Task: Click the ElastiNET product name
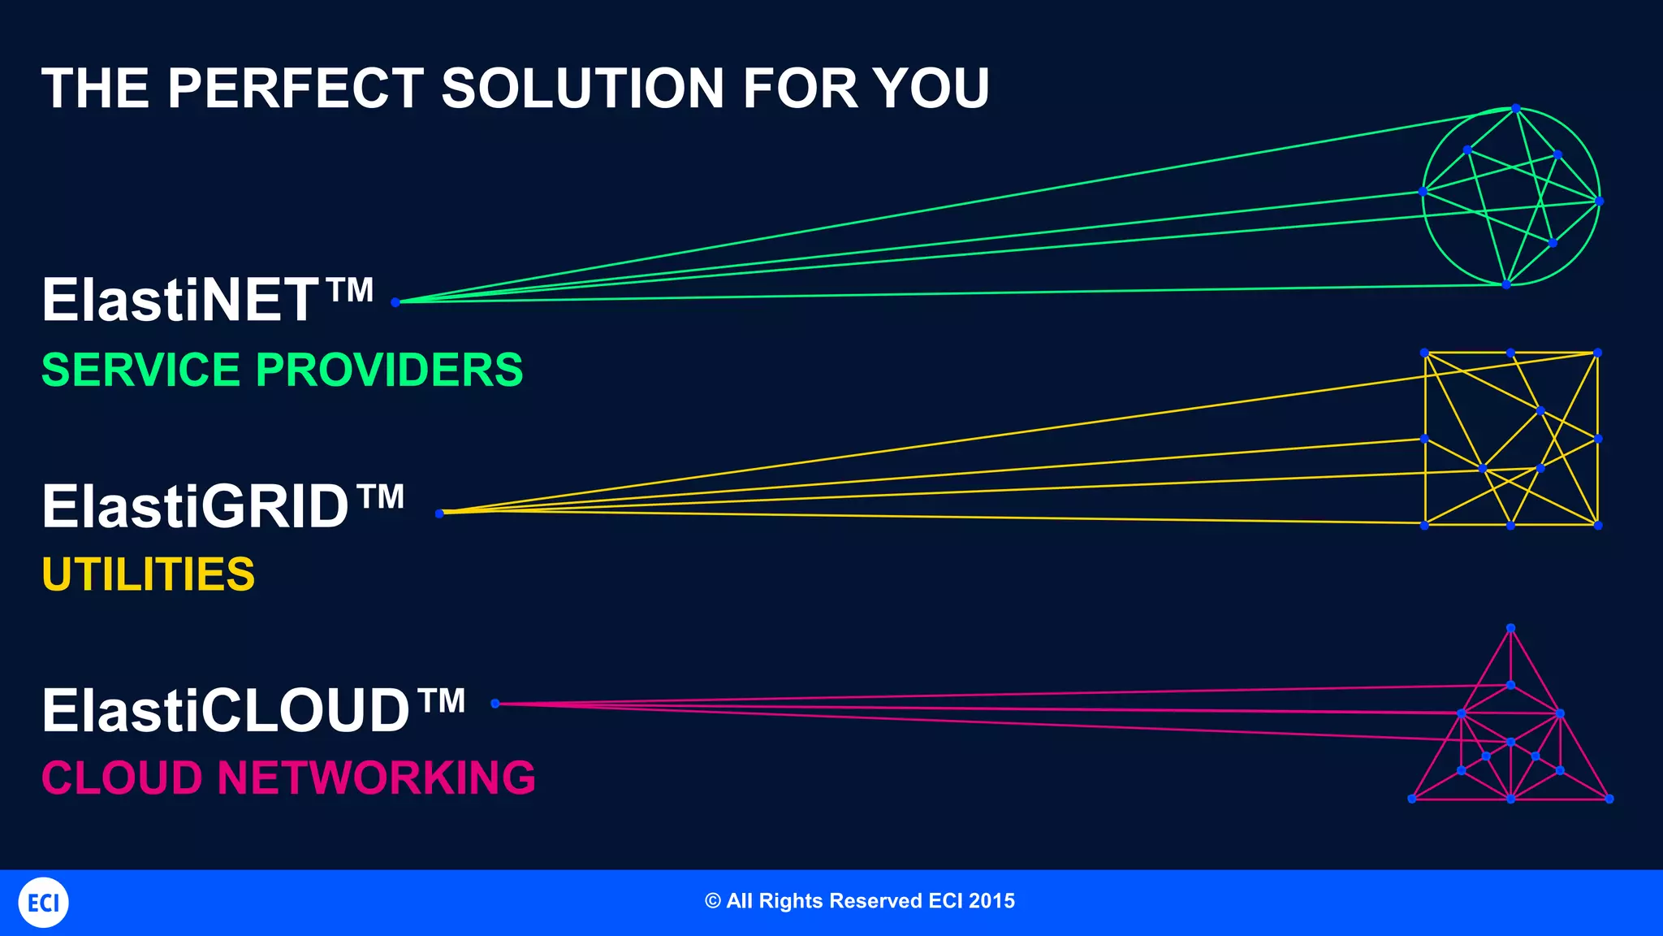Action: click(x=180, y=300)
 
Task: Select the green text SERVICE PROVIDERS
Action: click(x=282, y=370)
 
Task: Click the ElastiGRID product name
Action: click(x=195, y=506)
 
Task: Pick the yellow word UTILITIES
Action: click(x=148, y=574)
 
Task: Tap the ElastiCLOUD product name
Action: click(x=226, y=710)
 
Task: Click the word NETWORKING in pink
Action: click(x=376, y=778)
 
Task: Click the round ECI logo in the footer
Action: click(x=43, y=903)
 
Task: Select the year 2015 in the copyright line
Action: click(x=991, y=901)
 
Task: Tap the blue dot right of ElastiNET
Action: click(x=395, y=302)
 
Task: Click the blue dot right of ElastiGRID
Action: click(x=439, y=513)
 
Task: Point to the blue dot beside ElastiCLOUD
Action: click(x=495, y=704)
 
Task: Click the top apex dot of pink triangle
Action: click(x=1510, y=628)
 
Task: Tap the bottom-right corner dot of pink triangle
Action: click(x=1609, y=799)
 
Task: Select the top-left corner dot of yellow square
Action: click(x=1424, y=353)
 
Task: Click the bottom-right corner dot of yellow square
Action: click(x=1598, y=526)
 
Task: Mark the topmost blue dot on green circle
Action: click(x=1515, y=108)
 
